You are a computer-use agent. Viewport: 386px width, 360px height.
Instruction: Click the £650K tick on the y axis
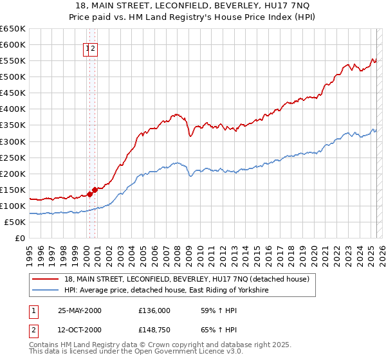tap(13, 29)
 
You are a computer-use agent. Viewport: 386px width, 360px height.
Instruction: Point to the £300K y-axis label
tap(13, 141)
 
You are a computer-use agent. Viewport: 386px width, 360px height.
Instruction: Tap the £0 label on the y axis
tap(19, 238)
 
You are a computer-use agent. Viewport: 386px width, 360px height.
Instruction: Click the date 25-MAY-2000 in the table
tap(80, 310)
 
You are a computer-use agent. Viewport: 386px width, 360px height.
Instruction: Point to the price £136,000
tap(154, 310)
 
